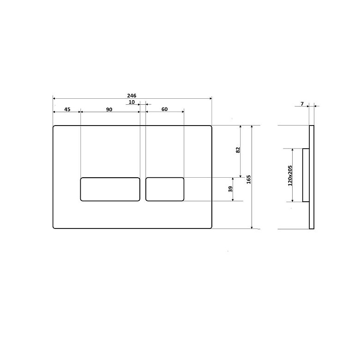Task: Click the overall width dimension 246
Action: (x=132, y=96)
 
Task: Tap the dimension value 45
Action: (x=67, y=109)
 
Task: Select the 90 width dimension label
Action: (x=109, y=109)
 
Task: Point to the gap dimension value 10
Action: (x=132, y=102)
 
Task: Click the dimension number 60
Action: (x=164, y=109)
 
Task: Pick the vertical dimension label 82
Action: (x=238, y=150)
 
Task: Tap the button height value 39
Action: (x=231, y=189)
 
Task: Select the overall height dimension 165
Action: (x=248, y=180)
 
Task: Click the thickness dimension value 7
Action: (x=302, y=104)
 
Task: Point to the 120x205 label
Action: (x=290, y=175)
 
